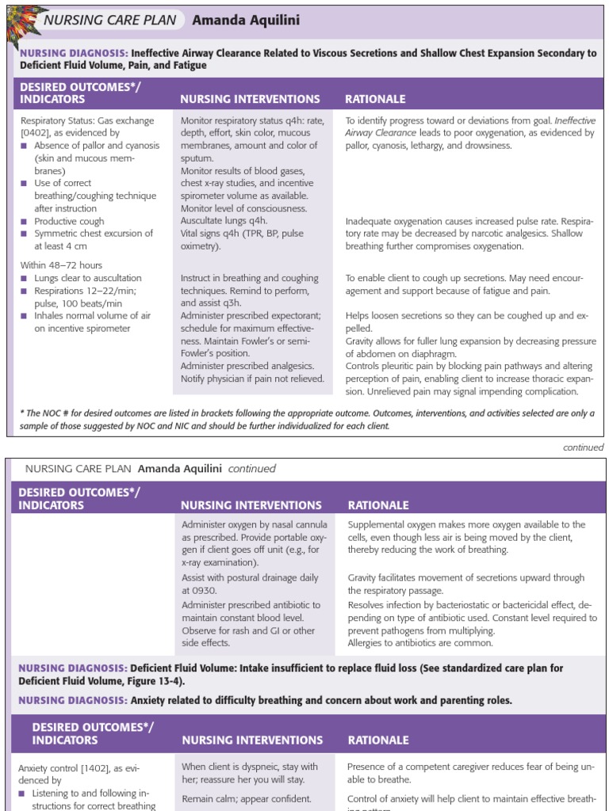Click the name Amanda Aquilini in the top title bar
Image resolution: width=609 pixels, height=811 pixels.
click(236, 20)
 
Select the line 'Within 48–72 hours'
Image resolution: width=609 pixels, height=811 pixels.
click(61, 265)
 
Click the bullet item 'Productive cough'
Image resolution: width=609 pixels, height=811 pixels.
click(69, 221)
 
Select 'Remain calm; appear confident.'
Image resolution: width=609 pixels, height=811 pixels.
click(247, 799)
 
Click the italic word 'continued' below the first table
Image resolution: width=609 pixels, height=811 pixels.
click(583, 447)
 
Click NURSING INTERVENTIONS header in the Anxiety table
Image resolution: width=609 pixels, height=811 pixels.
click(252, 741)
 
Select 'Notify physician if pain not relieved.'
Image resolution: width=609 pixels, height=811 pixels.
click(252, 379)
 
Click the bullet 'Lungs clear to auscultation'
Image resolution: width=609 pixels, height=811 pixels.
click(87, 278)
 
